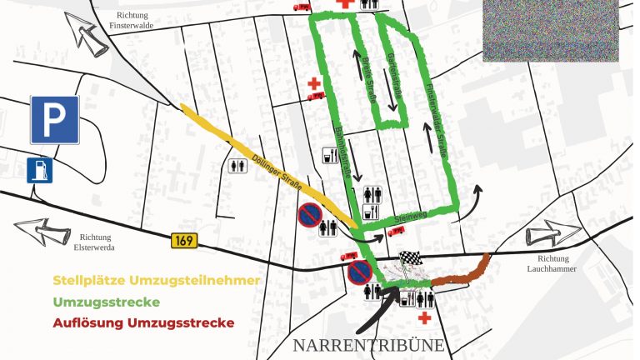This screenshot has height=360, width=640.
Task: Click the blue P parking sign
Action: tap(55, 119)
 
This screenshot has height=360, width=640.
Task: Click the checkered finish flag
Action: tap(407, 261)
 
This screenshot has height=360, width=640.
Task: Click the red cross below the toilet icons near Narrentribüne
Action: tap(425, 317)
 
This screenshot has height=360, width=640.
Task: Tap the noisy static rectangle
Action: tap(550, 32)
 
